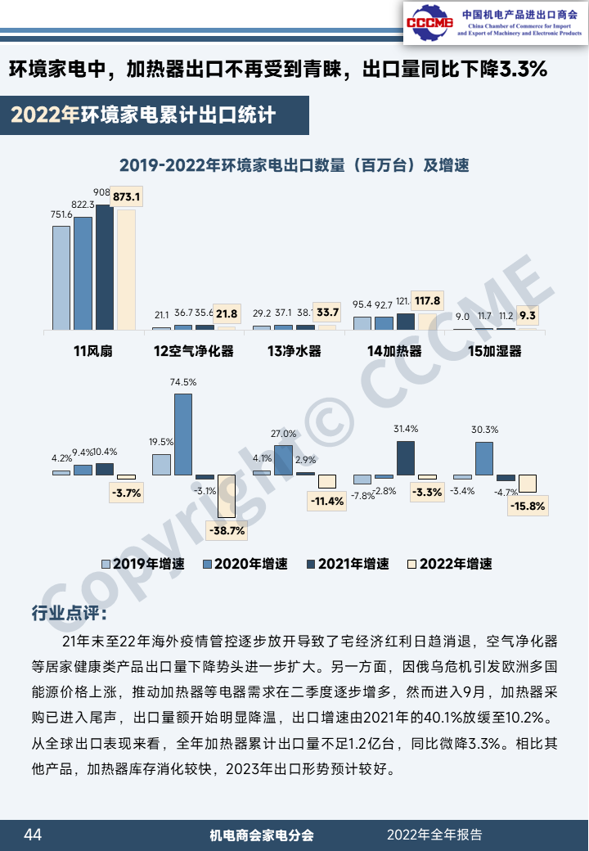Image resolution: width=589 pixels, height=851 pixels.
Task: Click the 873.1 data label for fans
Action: pyautogui.click(x=127, y=196)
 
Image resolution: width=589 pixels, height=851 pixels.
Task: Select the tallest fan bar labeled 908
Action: pyautogui.click(x=105, y=266)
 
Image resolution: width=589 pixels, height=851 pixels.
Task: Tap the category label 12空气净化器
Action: pyautogui.click(x=194, y=352)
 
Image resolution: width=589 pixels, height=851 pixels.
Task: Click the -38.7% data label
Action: pyautogui.click(x=227, y=530)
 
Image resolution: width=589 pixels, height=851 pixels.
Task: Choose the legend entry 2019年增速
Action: pyautogui.click(x=143, y=564)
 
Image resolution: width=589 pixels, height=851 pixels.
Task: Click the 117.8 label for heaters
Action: pyautogui.click(x=427, y=301)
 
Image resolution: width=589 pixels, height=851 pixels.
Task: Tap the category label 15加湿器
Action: pyautogui.click(x=494, y=352)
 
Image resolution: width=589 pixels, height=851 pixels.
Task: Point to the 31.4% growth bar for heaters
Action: pyautogui.click(x=406, y=457)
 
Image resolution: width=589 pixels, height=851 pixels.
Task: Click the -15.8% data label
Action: pyautogui.click(x=528, y=506)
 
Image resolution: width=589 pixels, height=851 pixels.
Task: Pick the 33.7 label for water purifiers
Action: pyautogui.click(x=327, y=312)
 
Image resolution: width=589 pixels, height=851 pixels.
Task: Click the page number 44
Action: pyautogui.click(x=33, y=835)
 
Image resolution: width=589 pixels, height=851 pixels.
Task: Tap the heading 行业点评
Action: pyautogui.click(x=68, y=613)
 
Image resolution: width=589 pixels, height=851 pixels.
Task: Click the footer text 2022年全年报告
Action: pyautogui.click(x=434, y=835)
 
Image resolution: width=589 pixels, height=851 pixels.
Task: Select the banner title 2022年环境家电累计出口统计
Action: pyautogui.click(x=143, y=115)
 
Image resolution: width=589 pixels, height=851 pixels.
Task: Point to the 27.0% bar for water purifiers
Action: pyautogui.click(x=283, y=460)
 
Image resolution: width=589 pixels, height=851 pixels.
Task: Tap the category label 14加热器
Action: pyautogui.click(x=394, y=352)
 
